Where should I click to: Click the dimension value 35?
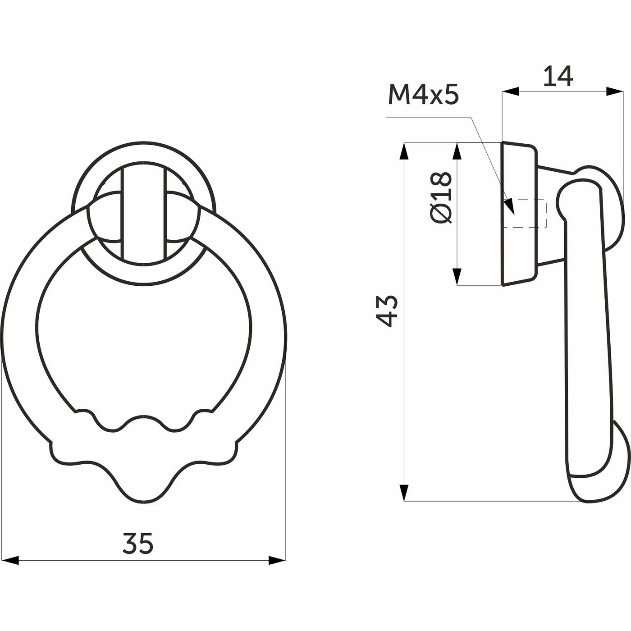[138, 543]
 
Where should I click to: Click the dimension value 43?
[387, 311]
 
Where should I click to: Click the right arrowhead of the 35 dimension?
[277, 560]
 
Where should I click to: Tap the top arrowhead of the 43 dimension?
[404, 151]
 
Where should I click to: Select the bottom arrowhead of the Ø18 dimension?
[457, 276]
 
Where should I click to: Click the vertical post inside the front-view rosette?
[144, 212]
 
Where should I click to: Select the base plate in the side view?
[518, 214]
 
